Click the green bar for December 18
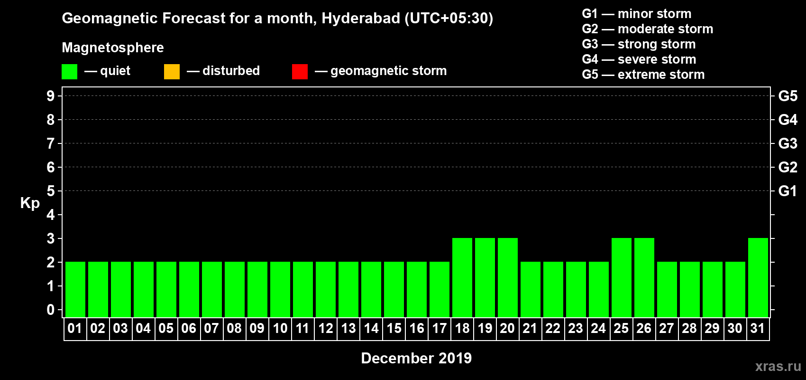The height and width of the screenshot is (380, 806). pyautogui.click(x=462, y=277)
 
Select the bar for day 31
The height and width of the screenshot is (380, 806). pyautogui.click(x=758, y=277)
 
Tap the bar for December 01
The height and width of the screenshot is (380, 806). pyautogui.click(x=75, y=289)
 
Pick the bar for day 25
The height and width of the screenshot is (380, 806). pyautogui.click(x=622, y=277)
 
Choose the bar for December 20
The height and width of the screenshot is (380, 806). pyautogui.click(x=508, y=277)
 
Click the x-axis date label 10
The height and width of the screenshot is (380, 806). pyautogui.click(x=280, y=329)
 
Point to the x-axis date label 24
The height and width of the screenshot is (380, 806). pyautogui.click(x=598, y=329)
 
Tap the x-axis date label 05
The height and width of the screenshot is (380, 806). pyautogui.click(x=166, y=329)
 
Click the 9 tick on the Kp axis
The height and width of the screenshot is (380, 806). pyautogui.click(x=51, y=96)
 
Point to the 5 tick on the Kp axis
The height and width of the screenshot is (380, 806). pyautogui.click(x=51, y=191)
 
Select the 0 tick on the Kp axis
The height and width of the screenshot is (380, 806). pyautogui.click(x=51, y=310)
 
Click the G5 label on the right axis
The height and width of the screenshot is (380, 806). pyautogui.click(x=788, y=96)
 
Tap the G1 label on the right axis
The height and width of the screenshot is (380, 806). pyautogui.click(x=788, y=191)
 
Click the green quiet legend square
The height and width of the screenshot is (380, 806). pyautogui.click(x=70, y=72)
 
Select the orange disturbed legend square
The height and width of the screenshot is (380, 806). pyautogui.click(x=172, y=72)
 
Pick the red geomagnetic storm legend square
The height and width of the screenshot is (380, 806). pyautogui.click(x=300, y=72)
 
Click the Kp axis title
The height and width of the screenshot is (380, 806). pyautogui.click(x=30, y=203)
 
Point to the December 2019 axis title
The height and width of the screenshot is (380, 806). pyautogui.click(x=416, y=358)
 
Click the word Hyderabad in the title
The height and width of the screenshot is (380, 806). pyautogui.click(x=361, y=18)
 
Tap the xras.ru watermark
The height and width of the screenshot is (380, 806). pyautogui.click(x=778, y=366)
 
